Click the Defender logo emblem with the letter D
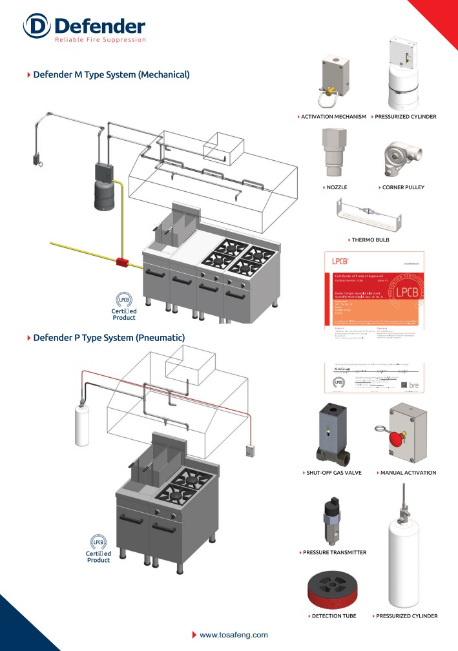[36, 27]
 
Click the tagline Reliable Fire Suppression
[100, 39]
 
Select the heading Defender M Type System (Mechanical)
[111, 75]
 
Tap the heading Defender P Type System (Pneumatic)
[109, 338]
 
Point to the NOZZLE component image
[334, 154]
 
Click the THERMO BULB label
[370, 240]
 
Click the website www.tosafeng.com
[233, 635]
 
